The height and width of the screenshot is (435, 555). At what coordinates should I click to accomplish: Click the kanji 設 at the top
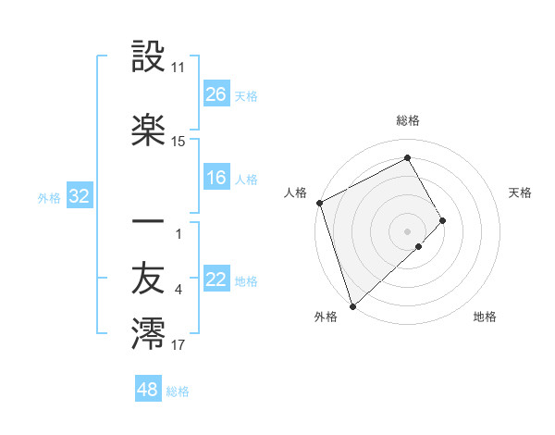click(148, 58)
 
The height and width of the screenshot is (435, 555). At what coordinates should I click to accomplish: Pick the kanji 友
click(148, 279)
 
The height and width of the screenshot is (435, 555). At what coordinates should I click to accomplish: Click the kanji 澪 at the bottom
click(148, 334)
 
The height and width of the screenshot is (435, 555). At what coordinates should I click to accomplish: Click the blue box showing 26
click(216, 94)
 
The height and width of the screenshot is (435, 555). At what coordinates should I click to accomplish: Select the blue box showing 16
click(216, 178)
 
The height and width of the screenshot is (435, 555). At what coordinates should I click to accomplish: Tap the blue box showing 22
click(216, 280)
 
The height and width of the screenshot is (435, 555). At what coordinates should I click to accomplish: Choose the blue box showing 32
click(79, 196)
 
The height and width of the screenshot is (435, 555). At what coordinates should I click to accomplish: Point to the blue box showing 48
click(148, 390)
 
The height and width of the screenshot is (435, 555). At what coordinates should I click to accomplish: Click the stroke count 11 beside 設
click(179, 68)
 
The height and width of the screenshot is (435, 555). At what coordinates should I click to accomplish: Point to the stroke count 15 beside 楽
click(179, 142)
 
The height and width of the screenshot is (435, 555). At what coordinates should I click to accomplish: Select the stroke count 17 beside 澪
click(179, 345)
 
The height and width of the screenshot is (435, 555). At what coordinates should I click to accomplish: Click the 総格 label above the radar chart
click(408, 120)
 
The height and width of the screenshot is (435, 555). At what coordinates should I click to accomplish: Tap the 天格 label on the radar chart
click(521, 193)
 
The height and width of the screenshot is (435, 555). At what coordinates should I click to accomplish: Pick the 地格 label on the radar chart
click(485, 317)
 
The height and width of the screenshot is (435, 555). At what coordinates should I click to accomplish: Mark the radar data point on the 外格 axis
click(352, 304)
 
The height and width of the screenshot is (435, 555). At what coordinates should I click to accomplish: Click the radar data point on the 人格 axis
click(319, 203)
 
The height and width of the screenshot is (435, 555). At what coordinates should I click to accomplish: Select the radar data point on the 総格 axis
click(408, 158)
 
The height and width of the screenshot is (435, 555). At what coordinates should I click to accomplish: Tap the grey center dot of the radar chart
click(408, 230)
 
